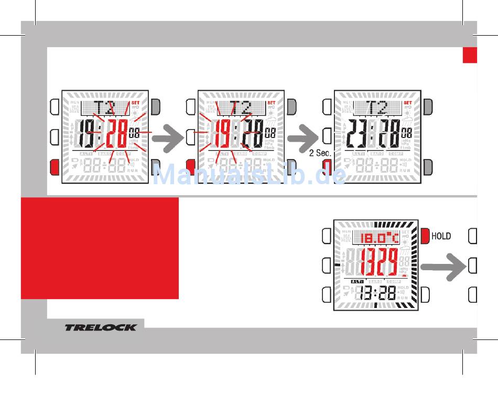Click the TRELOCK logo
(x=100, y=327)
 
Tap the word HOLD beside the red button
(x=441, y=236)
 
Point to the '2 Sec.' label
(x=319, y=153)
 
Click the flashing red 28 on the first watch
(x=116, y=134)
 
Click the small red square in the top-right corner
(x=470, y=55)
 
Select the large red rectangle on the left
(x=100, y=248)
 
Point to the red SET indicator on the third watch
(x=407, y=103)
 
